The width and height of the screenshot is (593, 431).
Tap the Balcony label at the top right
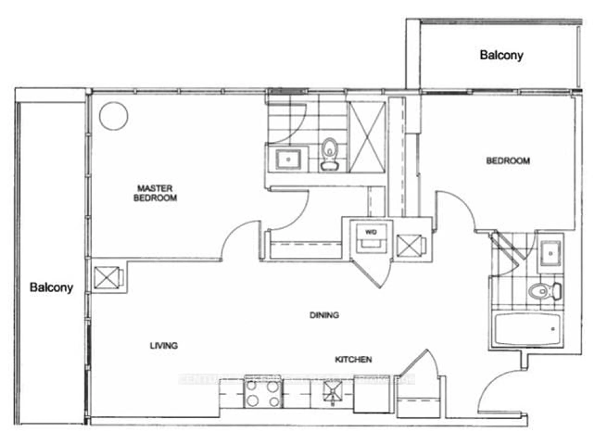point(501,55)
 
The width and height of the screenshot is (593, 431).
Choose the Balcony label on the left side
point(51,287)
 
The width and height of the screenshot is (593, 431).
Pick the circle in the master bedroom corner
point(114,116)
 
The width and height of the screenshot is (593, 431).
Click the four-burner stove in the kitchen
point(263,394)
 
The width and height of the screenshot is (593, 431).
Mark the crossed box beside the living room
point(107,277)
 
